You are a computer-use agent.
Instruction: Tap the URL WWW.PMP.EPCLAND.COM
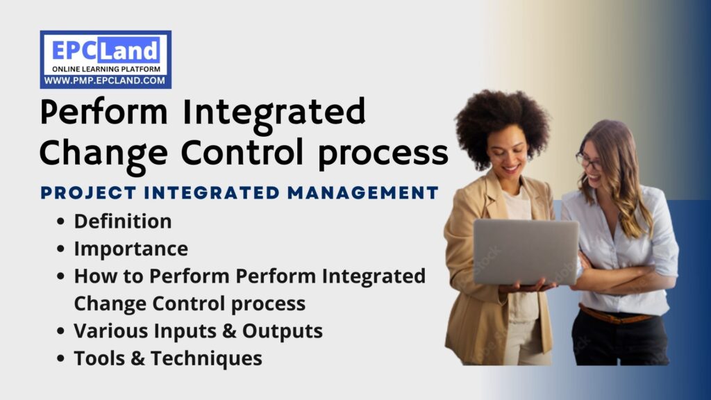pos(106,81)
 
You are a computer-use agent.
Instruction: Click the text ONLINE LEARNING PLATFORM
pos(106,69)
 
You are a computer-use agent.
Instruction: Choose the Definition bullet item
pos(123,222)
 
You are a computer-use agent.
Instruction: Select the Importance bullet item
pos(131,249)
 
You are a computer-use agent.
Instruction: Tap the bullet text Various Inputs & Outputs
pos(198,331)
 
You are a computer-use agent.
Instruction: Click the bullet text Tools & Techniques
pos(168,358)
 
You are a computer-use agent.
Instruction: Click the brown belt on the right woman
pos(615,315)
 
